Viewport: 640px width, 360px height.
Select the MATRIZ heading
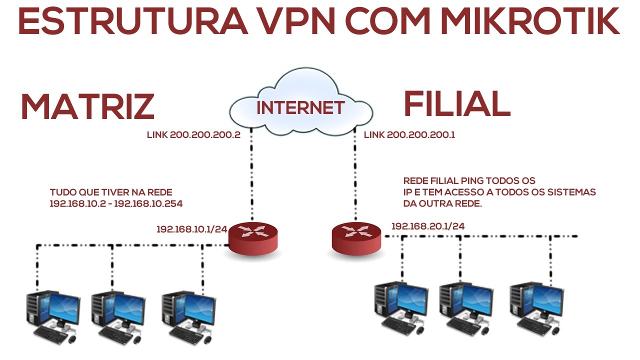click(x=87, y=106)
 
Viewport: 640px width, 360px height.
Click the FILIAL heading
click(x=456, y=104)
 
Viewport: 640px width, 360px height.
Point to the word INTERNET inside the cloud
click(x=300, y=107)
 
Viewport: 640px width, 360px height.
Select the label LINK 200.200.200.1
click(x=409, y=135)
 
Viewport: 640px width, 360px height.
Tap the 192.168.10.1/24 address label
click(x=192, y=229)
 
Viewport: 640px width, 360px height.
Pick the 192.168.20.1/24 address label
click(x=428, y=226)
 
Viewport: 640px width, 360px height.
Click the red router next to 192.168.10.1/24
click(x=253, y=239)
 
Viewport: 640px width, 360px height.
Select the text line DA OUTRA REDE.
click(x=442, y=203)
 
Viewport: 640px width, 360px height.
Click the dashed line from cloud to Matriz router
click(x=250, y=175)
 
